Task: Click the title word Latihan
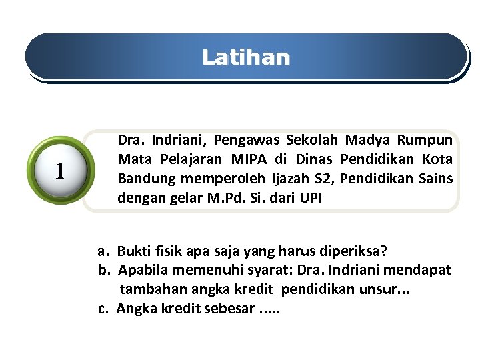click(246, 58)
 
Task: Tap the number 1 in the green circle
click(61, 172)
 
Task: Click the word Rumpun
click(425, 141)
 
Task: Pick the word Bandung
click(143, 179)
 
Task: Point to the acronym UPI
click(311, 199)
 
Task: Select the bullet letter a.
click(103, 251)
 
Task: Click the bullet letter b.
click(104, 271)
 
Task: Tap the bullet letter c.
click(103, 309)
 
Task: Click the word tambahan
click(148, 290)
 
